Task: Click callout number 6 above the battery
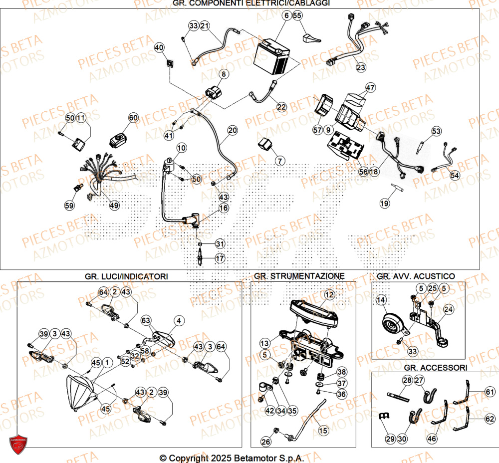tap(286, 15)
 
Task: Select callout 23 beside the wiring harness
tap(360, 67)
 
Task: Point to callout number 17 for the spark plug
tap(220, 258)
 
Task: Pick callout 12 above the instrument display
tap(328, 295)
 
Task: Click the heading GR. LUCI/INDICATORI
tap(126, 276)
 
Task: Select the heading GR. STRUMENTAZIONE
tap(299, 276)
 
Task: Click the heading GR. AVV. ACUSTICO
tap(415, 276)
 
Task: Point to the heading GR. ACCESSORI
tap(436, 368)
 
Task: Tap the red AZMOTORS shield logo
tap(18, 444)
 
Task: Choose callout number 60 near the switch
tap(133, 118)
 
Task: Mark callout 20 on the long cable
tap(233, 131)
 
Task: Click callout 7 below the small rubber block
tap(279, 161)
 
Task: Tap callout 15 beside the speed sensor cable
tap(323, 430)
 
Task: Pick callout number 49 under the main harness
tap(115, 205)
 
